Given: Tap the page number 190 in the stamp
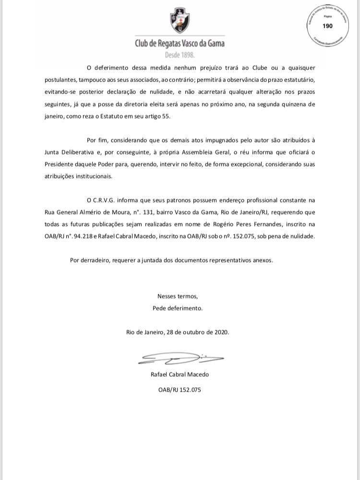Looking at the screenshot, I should click(328, 26).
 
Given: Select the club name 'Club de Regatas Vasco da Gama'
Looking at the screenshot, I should click(180, 44).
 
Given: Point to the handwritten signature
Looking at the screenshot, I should click(180, 358).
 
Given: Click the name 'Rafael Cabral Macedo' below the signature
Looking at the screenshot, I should click(180, 374).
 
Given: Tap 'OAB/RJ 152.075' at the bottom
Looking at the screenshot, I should click(180, 390).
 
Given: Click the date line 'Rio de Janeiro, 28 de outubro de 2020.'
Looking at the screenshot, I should click(178, 332).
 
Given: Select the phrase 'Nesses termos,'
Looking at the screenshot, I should click(178, 296).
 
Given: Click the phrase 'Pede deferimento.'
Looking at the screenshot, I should click(178, 308).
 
